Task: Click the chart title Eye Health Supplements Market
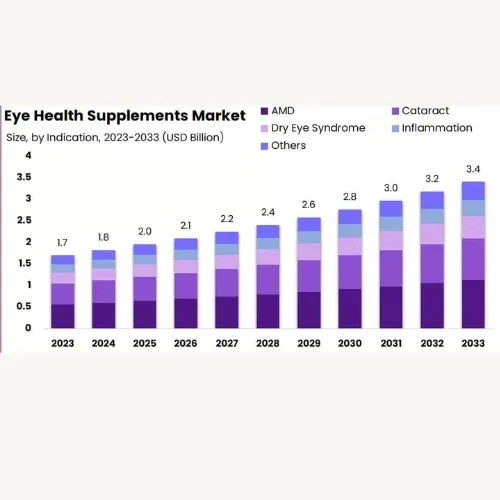click(125, 113)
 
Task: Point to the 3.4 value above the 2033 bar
click(472, 169)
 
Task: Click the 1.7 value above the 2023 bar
click(63, 243)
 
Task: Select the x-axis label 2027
click(227, 343)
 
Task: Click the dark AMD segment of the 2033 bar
click(472, 304)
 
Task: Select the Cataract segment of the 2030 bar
click(350, 272)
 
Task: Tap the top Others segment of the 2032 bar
click(431, 200)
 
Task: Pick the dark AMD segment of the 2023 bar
click(63, 316)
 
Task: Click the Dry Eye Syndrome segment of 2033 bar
click(472, 227)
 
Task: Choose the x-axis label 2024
click(104, 343)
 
